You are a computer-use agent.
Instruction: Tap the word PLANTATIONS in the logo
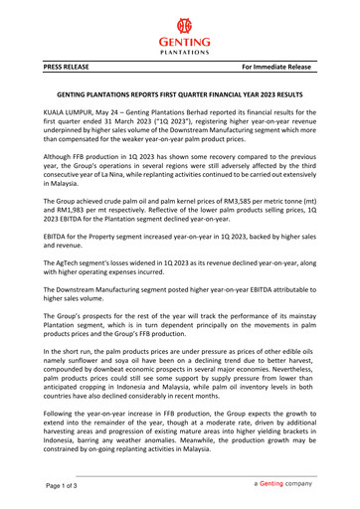(x=179, y=55)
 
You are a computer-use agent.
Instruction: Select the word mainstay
(x=295, y=313)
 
